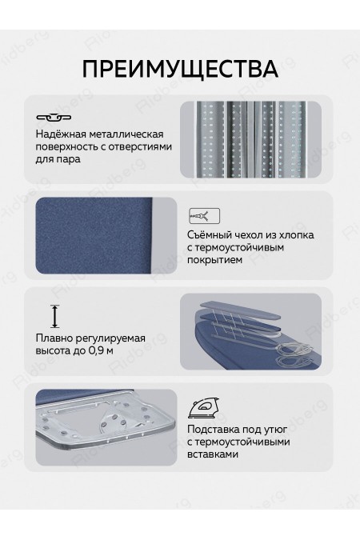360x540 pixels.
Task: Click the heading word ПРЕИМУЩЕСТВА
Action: pyautogui.click(x=180, y=69)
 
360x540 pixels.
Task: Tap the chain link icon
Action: pyautogui.click(x=54, y=118)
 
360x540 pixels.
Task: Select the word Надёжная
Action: pyautogui.click(x=58, y=134)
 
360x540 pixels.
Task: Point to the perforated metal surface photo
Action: pyautogui.click(x=250, y=139)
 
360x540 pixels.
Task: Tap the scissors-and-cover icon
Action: pyautogui.click(x=204, y=216)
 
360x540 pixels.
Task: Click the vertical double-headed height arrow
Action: pyautogui.click(x=54, y=316)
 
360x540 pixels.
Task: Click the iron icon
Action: pyautogui.click(x=203, y=408)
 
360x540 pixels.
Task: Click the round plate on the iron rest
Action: pyautogui.click(x=115, y=425)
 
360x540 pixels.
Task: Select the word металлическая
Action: pyautogui.click(x=123, y=134)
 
